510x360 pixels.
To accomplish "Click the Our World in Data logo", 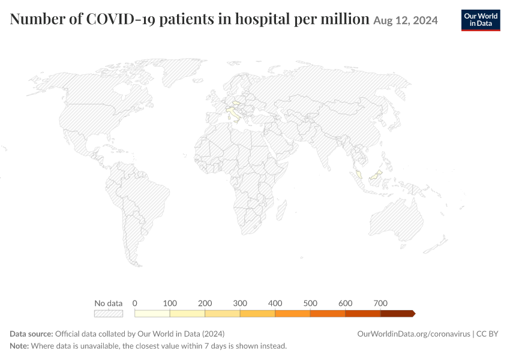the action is click(x=481, y=20).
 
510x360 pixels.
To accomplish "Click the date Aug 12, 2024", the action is click(x=405, y=20).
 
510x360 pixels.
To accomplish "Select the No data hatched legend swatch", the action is click(x=109, y=313).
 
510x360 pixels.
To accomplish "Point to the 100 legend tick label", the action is click(x=170, y=304).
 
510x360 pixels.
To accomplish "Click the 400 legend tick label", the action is click(x=275, y=304).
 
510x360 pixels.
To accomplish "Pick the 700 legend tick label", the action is click(x=380, y=304).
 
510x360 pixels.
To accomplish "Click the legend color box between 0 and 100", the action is click(x=152, y=313).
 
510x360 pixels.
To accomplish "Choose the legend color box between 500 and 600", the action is click(x=328, y=313).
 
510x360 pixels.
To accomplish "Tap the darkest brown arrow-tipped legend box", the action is click(x=398, y=313).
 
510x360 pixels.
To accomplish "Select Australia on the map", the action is click(x=397, y=220).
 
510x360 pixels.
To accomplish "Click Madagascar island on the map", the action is click(x=281, y=211).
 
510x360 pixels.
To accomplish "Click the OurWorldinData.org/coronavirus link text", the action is click(x=414, y=334).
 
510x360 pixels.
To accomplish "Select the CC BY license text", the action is click(x=487, y=334).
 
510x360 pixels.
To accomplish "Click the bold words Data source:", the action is click(x=31, y=334).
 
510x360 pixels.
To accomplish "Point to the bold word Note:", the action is click(x=20, y=346).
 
